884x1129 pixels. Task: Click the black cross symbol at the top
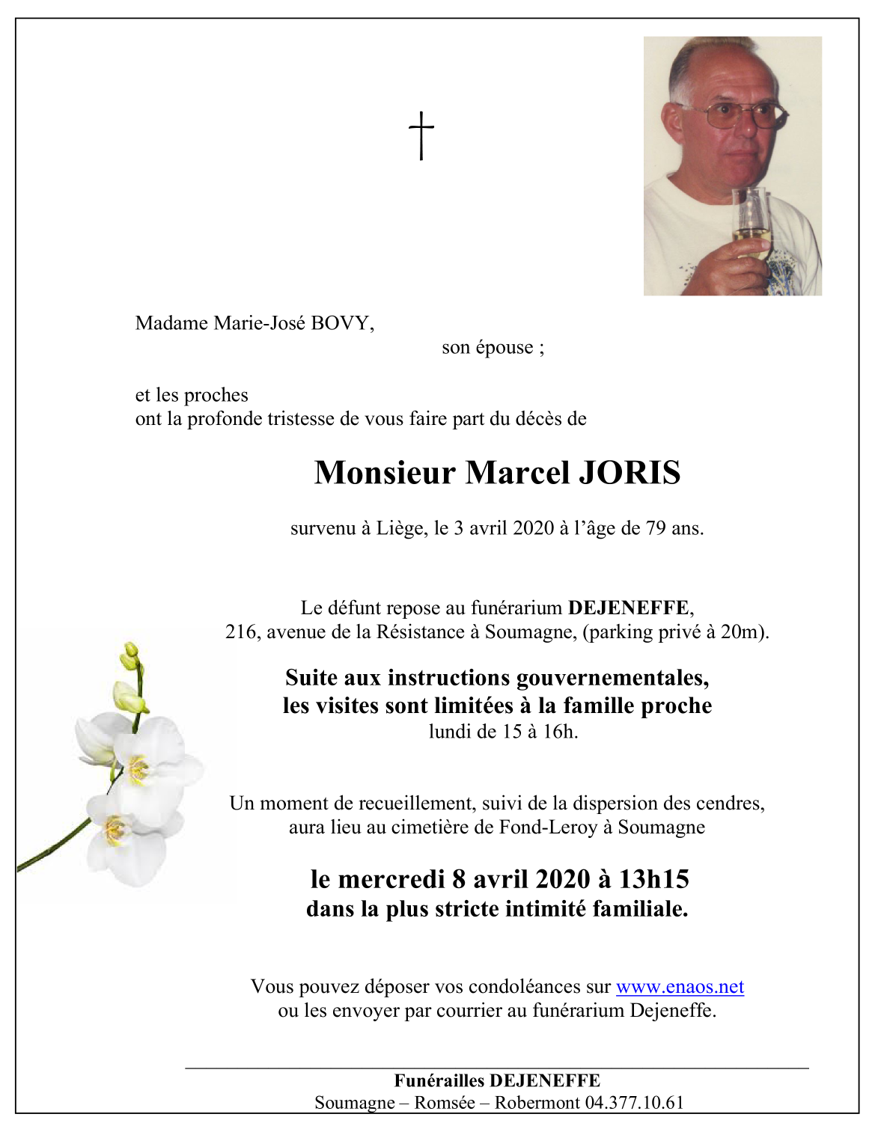421,135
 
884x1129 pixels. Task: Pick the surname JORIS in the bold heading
629,473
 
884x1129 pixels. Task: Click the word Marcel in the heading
517,473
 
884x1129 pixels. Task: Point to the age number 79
656,528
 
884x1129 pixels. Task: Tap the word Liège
401,528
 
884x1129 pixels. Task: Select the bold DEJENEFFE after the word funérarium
628,608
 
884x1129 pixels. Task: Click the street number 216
240,631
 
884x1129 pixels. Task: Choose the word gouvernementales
613,678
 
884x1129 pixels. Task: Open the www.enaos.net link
680,987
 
